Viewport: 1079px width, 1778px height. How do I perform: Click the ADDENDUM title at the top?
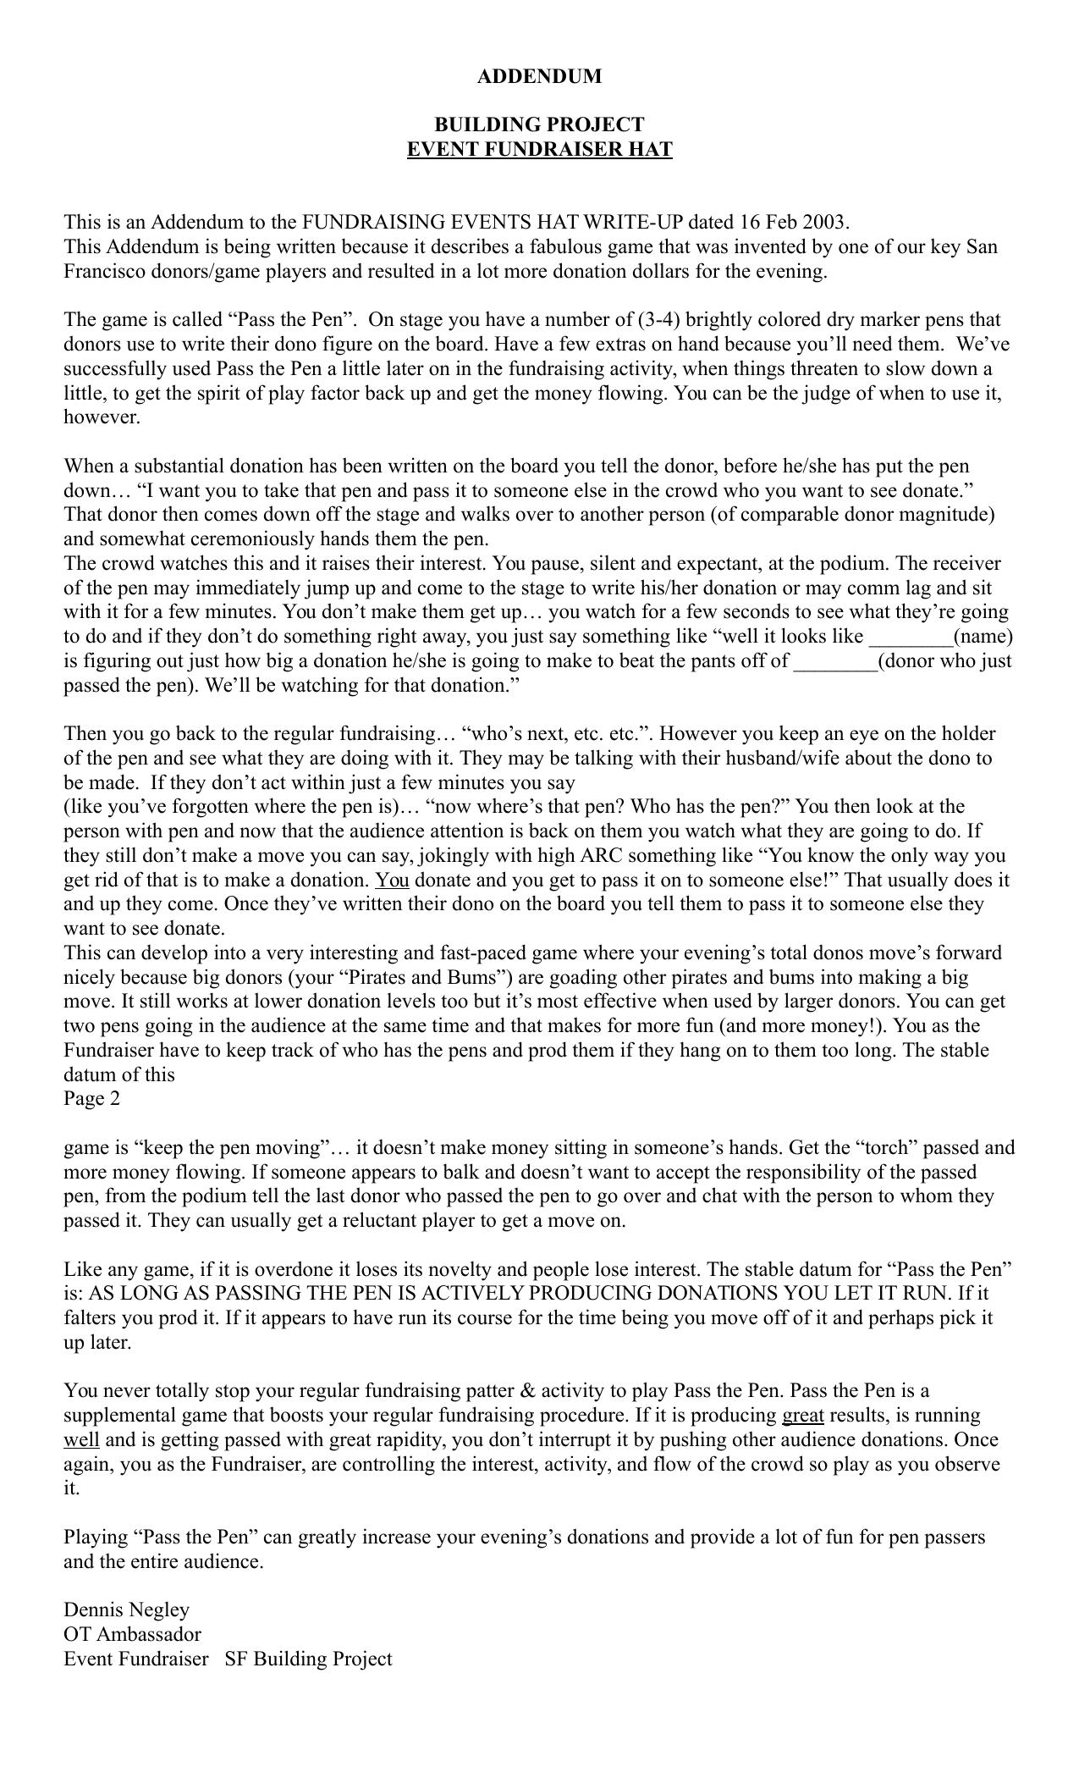[x=539, y=76]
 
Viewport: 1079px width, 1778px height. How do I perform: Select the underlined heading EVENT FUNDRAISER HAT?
[x=539, y=150]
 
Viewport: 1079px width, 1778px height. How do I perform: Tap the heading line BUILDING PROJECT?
[x=539, y=124]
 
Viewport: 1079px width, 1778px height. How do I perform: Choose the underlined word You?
[x=392, y=881]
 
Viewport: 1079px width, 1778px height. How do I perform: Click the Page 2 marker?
[x=91, y=1099]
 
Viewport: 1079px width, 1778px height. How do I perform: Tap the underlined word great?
[x=802, y=1416]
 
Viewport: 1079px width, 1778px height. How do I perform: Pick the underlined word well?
[x=81, y=1440]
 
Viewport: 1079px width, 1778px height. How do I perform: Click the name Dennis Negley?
[x=126, y=1610]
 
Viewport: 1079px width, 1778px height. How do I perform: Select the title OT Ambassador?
[x=132, y=1635]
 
